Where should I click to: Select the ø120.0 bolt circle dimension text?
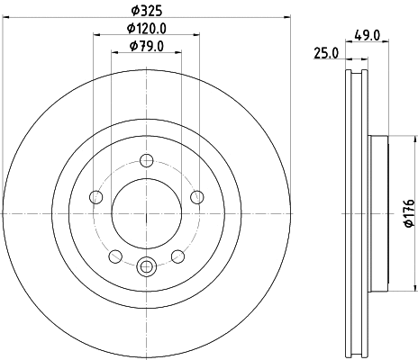(147, 30)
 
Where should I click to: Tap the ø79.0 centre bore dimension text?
(147, 46)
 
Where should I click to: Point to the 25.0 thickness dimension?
(326, 53)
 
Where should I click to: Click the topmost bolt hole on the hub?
(147, 161)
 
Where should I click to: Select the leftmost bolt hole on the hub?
(96, 198)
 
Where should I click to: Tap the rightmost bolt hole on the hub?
(197, 198)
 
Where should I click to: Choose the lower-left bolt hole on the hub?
(116, 256)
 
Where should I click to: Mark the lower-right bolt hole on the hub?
(177, 256)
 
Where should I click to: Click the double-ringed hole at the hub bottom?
(147, 265)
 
